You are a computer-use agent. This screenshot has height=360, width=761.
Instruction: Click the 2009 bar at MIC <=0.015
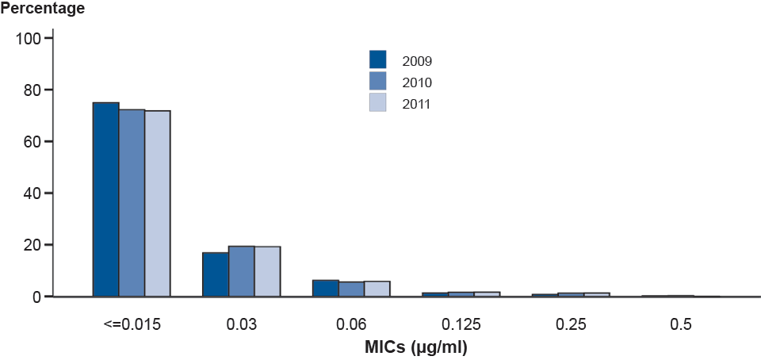(105, 199)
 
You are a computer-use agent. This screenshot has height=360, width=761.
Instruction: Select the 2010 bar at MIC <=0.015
(132, 203)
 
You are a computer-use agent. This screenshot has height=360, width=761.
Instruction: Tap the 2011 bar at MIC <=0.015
(157, 204)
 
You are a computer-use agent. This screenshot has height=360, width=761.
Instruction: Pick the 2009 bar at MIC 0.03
(216, 274)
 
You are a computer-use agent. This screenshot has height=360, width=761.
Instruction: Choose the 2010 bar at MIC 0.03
(242, 271)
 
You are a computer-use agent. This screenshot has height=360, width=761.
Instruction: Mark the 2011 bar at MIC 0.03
(267, 271)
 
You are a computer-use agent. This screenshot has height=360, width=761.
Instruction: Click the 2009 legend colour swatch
(378, 59)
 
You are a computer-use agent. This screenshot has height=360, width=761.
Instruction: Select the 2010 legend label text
(417, 82)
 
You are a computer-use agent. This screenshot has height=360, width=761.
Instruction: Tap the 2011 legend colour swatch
(378, 102)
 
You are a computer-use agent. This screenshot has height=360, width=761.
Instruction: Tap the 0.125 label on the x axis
(461, 324)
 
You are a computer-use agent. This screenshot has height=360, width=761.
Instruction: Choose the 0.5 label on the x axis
(680, 324)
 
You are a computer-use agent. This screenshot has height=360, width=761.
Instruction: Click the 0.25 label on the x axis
(571, 324)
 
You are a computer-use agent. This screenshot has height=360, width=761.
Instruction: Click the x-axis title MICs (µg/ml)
(406, 347)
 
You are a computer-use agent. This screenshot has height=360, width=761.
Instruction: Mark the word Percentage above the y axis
(43, 10)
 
